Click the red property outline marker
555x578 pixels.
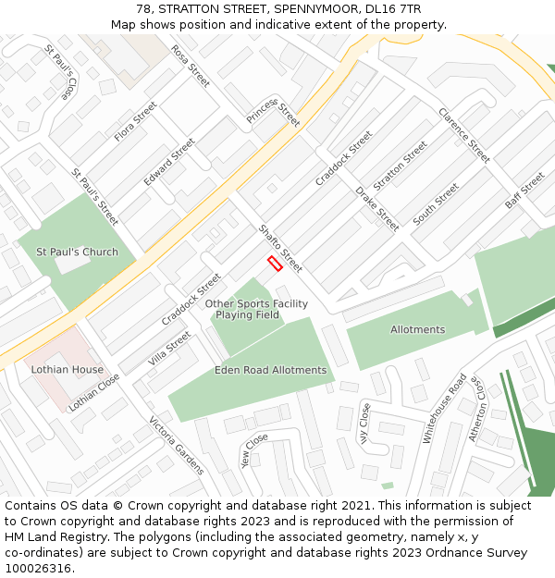click(x=275, y=264)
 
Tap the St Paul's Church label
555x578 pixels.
click(x=77, y=252)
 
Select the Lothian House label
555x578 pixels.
click(x=68, y=369)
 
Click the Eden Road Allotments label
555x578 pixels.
click(x=270, y=370)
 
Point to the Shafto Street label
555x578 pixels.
click(x=280, y=248)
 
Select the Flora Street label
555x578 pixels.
click(x=136, y=121)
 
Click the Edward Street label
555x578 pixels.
click(x=169, y=162)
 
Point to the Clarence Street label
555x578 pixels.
click(x=464, y=136)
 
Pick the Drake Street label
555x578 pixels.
click(x=377, y=209)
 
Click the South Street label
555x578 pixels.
click(x=436, y=203)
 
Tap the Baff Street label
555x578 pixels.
click(x=524, y=191)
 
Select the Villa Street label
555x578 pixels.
click(x=169, y=349)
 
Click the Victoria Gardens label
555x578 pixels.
click(x=177, y=446)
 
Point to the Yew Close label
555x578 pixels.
click(x=253, y=450)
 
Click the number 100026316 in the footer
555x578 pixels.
click(x=40, y=568)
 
